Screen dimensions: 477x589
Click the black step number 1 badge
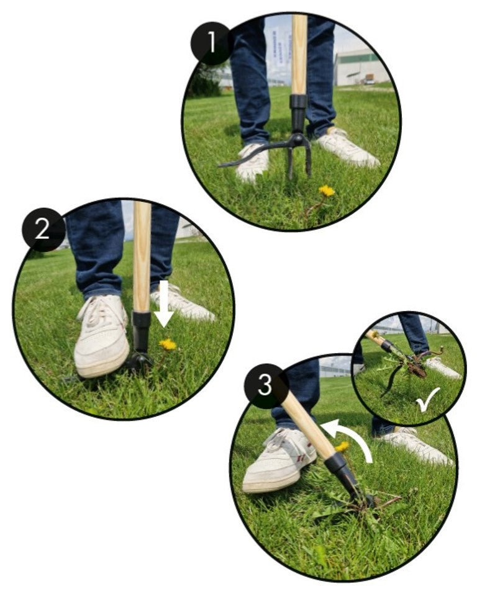(212, 42)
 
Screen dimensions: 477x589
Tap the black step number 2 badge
(42, 229)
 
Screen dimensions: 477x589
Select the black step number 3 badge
(265, 385)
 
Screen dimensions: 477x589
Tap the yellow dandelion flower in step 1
(327, 191)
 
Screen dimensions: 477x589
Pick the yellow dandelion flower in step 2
(168, 344)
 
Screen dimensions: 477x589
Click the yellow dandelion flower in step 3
(342, 447)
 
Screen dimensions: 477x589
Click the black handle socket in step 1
(299, 112)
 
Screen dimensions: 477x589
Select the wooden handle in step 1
(299, 55)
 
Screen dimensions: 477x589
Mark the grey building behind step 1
(361, 67)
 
